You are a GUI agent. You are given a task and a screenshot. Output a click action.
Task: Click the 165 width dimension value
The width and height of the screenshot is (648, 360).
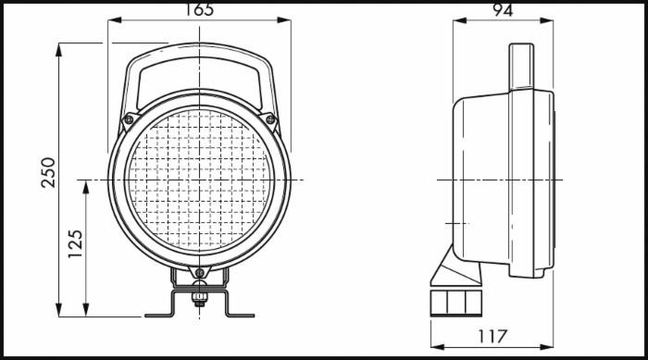coord(199,9)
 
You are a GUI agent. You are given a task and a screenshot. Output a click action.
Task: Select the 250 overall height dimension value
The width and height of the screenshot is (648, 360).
coord(48,171)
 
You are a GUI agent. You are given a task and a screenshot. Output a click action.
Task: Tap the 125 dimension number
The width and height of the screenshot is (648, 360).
coord(76,243)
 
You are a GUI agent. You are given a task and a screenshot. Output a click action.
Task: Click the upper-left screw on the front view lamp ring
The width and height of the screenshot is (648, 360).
coord(129,119)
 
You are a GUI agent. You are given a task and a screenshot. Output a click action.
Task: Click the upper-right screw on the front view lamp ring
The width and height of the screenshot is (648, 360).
coord(270,119)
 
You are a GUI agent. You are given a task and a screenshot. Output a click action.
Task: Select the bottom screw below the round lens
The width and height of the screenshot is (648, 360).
coord(199,272)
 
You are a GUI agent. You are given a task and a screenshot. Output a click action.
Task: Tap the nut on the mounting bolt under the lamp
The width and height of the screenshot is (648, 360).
coord(199,298)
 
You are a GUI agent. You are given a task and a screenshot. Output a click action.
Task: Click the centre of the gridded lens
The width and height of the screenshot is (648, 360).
coord(199,179)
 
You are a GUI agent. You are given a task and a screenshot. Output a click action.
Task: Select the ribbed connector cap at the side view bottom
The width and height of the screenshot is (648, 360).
coord(455,303)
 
